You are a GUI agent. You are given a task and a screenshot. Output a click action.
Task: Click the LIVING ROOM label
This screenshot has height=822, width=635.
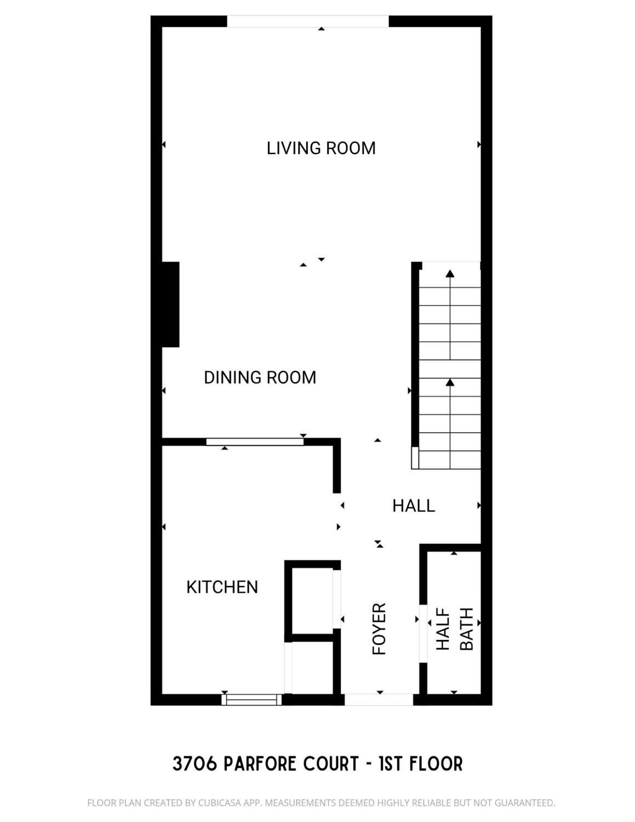(x=321, y=148)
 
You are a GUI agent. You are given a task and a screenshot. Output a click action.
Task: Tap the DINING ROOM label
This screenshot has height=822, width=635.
(x=260, y=377)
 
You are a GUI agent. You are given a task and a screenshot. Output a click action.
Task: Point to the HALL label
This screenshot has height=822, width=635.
(x=414, y=506)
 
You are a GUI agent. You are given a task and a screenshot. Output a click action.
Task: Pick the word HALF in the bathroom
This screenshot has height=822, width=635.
(x=443, y=630)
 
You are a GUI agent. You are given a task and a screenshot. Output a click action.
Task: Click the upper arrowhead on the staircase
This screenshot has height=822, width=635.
(x=450, y=274)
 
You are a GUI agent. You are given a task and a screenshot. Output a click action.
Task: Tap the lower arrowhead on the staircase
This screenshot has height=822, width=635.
(x=450, y=382)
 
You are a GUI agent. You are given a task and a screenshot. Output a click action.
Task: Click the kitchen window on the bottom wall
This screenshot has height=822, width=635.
(x=251, y=700)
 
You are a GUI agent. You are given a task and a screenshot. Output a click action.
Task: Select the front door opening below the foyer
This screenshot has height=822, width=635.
(x=379, y=700)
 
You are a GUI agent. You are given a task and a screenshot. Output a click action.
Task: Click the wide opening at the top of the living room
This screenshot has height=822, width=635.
(x=308, y=21)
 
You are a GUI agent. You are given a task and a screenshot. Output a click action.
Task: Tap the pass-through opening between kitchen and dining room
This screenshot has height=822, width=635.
(x=255, y=442)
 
